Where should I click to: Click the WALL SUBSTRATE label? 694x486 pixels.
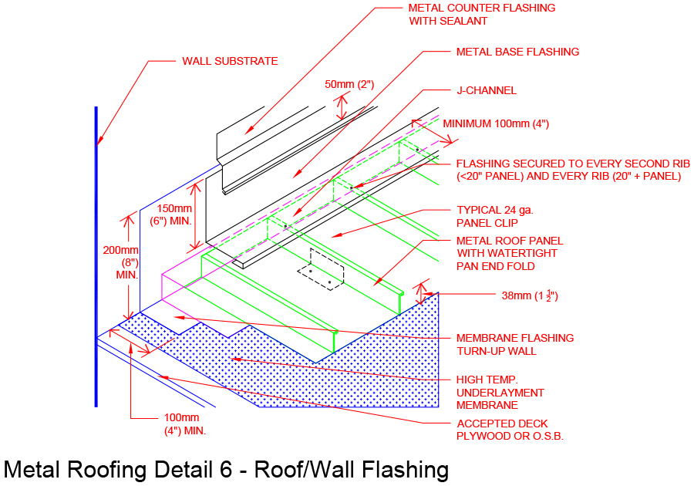(230, 61)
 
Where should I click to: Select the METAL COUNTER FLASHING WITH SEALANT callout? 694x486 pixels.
(481, 15)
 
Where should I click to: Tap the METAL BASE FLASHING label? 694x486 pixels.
(517, 52)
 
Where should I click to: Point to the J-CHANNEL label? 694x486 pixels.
(486, 90)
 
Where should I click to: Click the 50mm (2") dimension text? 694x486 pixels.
(349, 84)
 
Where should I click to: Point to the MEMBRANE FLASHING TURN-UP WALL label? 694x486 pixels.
(514, 344)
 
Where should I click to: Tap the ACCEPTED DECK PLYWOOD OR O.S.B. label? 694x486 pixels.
(510, 430)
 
